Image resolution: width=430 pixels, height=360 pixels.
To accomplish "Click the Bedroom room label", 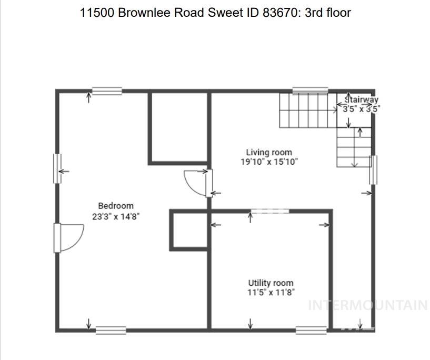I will pyautogui.click(x=116, y=206).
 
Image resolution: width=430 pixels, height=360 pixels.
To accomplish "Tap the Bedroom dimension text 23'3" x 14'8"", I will pyautogui.click(x=116, y=216).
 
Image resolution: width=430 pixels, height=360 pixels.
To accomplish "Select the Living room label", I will pyautogui.click(x=269, y=153).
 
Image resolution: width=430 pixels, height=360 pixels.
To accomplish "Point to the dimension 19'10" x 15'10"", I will pyautogui.click(x=269, y=162).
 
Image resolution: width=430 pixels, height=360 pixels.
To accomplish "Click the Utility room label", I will pyautogui.click(x=271, y=283).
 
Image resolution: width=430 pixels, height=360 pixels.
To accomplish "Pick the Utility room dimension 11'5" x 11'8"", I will pyautogui.click(x=271, y=293).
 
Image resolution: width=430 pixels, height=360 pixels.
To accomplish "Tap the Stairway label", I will pyautogui.click(x=362, y=99).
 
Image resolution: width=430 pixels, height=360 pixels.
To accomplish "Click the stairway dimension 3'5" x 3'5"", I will pyautogui.click(x=362, y=109).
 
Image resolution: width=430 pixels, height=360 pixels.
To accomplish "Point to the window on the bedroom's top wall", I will pyautogui.click(x=107, y=91).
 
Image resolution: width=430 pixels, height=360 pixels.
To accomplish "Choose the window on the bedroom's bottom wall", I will pyautogui.click(x=111, y=331).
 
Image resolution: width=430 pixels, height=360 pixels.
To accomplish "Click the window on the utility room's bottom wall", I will pyautogui.click(x=311, y=331).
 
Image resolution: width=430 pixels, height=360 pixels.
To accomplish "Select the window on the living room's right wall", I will pyautogui.click(x=374, y=169).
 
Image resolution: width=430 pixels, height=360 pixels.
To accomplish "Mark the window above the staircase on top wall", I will pyautogui.click(x=310, y=90).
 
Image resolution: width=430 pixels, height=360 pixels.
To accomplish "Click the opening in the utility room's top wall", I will pyautogui.click(x=269, y=211).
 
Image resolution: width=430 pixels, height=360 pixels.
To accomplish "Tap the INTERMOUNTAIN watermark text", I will pyautogui.click(x=367, y=305).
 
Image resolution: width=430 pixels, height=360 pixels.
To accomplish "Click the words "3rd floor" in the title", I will pyautogui.click(x=327, y=13).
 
